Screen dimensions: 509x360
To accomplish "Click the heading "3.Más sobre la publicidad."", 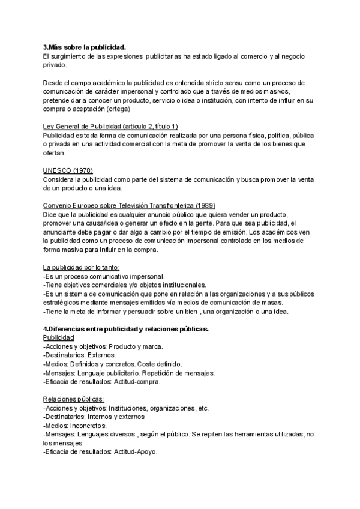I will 85,47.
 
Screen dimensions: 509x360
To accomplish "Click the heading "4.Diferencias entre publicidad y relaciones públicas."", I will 126,329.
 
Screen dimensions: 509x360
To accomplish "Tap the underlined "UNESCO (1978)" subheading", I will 68,170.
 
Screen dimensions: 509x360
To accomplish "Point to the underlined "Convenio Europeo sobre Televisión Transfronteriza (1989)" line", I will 129,206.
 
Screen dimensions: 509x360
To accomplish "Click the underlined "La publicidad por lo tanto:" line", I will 82,268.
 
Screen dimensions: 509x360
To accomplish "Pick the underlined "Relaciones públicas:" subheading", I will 74,399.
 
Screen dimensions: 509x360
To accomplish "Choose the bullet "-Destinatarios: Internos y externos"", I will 94,417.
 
